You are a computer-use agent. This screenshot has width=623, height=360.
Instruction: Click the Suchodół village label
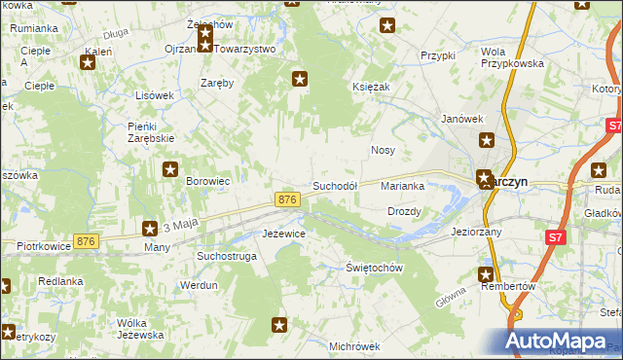pyautogui.click(x=335, y=185)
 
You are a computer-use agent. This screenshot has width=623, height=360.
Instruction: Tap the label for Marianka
pyautogui.click(x=403, y=185)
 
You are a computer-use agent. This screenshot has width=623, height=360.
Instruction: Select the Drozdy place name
pyautogui.click(x=404, y=211)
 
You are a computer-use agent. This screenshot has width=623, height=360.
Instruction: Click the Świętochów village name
pyautogui.click(x=374, y=268)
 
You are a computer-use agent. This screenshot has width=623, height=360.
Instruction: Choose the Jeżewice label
pyautogui.click(x=285, y=234)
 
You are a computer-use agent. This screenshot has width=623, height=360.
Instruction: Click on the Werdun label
pyautogui.click(x=199, y=285)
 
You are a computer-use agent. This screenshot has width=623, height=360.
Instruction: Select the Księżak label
pyautogui.click(x=371, y=87)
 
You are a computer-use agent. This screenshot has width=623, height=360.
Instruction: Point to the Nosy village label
pyautogui.click(x=383, y=151)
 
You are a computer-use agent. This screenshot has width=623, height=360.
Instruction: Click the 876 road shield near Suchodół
pyautogui.click(x=286, y=199)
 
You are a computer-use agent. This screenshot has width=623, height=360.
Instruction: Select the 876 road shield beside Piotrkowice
pyautogui.click(x=87, y=241)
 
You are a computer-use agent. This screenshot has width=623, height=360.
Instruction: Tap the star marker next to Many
pyautogui.click(x=150, y=230)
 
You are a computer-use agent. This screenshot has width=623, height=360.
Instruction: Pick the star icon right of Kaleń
pyautogui.click(x=88, y=63)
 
